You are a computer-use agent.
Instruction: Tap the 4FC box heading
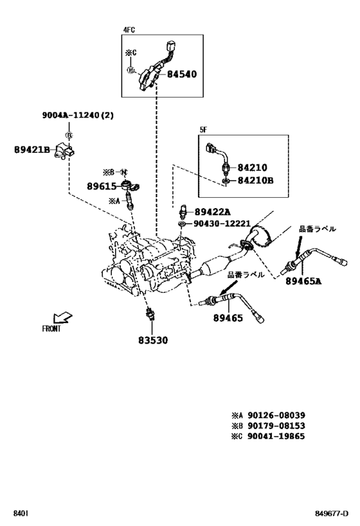click(x=129, y=30)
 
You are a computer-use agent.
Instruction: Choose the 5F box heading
click(x=203, y=129)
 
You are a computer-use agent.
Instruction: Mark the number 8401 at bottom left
click(x=21, y=514)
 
